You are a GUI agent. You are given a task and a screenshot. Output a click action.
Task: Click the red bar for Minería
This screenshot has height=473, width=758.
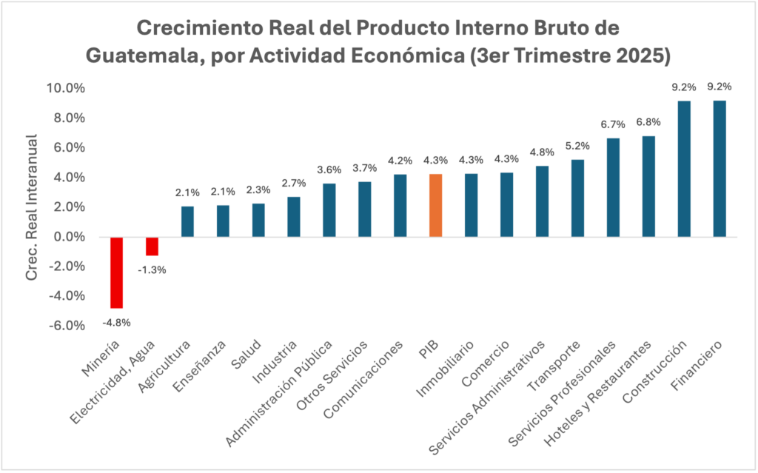coord(116,272)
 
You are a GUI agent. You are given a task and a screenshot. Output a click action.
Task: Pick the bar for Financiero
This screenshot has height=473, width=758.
coord(720,169)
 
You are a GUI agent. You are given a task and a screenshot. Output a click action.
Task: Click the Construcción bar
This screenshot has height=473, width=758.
coord(684,169)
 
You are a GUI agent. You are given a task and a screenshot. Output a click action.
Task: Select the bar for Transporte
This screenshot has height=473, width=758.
coord(577,198)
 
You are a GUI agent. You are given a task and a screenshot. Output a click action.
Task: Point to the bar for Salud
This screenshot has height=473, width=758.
coord(258,220)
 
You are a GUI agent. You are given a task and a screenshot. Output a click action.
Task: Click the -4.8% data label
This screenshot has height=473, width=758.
coord(116,322)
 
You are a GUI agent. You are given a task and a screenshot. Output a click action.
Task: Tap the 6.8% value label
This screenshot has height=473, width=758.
coord(648,122)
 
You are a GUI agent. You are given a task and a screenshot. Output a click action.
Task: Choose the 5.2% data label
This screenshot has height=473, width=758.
coord(577,146)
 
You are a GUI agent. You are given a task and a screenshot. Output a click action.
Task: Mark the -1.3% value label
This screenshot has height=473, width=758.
coord(152,269)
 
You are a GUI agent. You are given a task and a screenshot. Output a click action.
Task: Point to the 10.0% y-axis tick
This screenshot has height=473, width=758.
coord(66,88)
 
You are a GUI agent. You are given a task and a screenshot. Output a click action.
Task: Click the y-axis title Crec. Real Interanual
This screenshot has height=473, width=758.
coord(32,207)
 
